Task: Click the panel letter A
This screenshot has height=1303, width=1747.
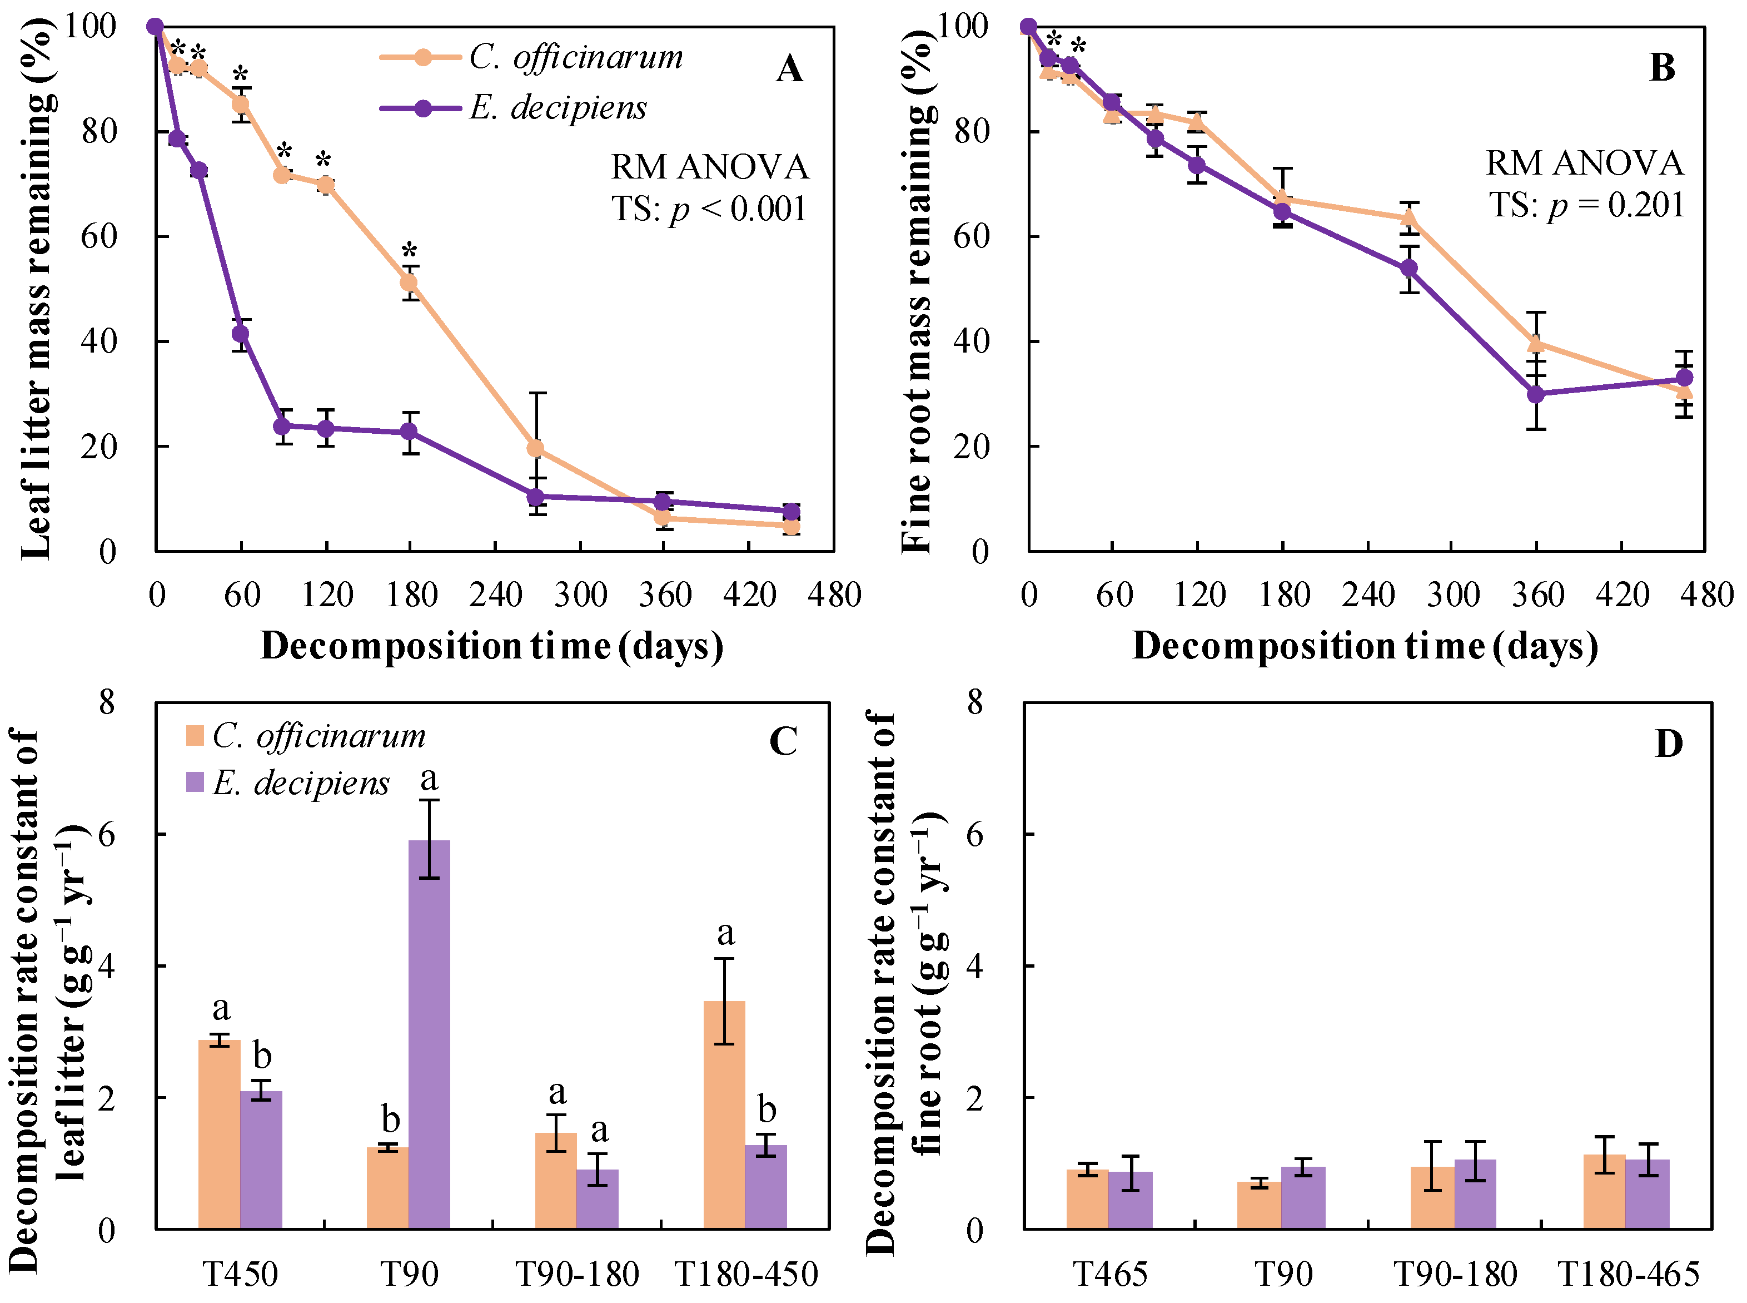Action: click(x=789, y=70)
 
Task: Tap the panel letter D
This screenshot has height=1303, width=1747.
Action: click(x=1668, y=743)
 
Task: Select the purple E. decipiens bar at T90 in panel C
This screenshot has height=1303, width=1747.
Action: click(x=429, y=1033)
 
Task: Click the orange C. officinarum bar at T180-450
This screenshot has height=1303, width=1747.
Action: click(x=724, y=1114)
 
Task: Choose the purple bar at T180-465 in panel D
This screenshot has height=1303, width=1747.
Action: click(x=1647, y=1193)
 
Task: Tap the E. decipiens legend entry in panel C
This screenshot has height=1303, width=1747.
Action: click(x=288, y=782)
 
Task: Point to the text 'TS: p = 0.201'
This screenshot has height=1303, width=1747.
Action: click(x=1585, y=205)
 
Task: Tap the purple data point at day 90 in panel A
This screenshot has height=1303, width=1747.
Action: click(x=282, y=426)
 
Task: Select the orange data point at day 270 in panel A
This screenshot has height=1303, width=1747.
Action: click(x=535, y=449)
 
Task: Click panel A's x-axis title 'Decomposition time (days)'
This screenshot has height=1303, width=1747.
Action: click(x=492, y=646)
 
